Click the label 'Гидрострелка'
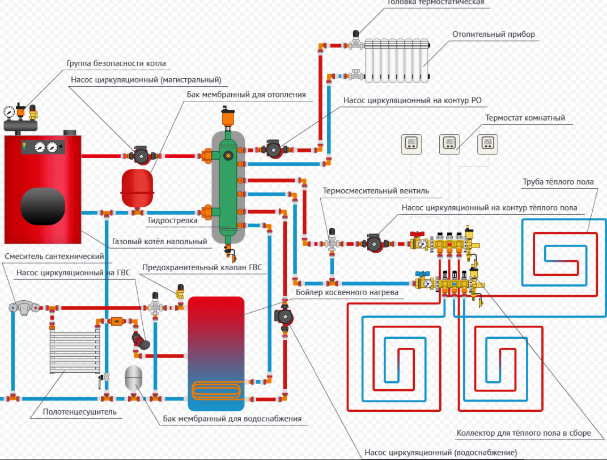pyautogui.click(x=172, y=220)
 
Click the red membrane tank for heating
pyautogui.click(x=137, y=187)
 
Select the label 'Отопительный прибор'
pyautogui.click(x=493, y=35)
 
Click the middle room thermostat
pyautogui.click(x=449, y=144)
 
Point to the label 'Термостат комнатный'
pyautogui.click(x=525, y=118)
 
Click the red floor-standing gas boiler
pyautogui.click(x=43, y=187)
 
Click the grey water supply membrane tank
pyautogui.click(x=133, y=377)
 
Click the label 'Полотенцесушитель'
pyautogui.click(x=80, y=412)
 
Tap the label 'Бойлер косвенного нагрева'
pyautogui.click(x=347, y=292)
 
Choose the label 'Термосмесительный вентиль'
pyautogui.click(x=376, y=191)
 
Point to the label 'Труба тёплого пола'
pyautogui.click(x=558, y=182)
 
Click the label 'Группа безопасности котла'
pyautogui.click(x=116, y=63)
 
